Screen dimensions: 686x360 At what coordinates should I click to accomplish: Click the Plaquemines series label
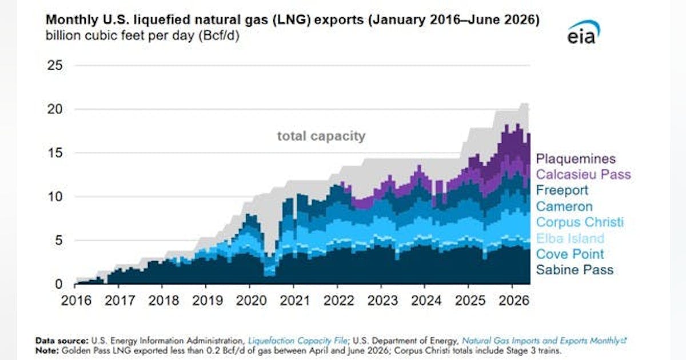coord(576,159)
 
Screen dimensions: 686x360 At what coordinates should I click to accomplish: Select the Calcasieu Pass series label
coord(584,174)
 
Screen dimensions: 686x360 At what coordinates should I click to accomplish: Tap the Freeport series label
coord(562,190)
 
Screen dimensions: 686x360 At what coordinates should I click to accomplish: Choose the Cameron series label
coord(564,206)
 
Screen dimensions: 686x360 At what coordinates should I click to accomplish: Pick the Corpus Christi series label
coord(580,222)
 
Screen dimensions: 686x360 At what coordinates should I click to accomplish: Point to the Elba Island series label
coord(571,238)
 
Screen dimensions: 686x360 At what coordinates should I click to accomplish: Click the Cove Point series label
coord(570,254)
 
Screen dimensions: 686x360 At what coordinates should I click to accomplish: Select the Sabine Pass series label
coord(575,270)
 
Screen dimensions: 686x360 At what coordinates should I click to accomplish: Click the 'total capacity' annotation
coord(321,136)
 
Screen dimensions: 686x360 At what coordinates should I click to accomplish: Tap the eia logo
coord(584,32)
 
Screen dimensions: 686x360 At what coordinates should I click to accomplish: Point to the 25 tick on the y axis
coord(55,65)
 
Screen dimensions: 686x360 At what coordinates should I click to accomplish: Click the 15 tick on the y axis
coord(55,153)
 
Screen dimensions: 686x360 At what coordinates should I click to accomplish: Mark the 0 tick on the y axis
coord(58,284)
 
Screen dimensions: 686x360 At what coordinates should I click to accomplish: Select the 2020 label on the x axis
coord(251,301)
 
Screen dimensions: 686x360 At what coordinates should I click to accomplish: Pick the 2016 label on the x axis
coord(76,301)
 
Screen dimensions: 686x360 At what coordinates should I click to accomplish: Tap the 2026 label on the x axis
coord(514,301)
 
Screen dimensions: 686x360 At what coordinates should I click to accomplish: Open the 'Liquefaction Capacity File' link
coord(298,341)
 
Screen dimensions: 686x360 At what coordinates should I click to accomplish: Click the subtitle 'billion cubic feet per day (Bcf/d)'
coord(142,36)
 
